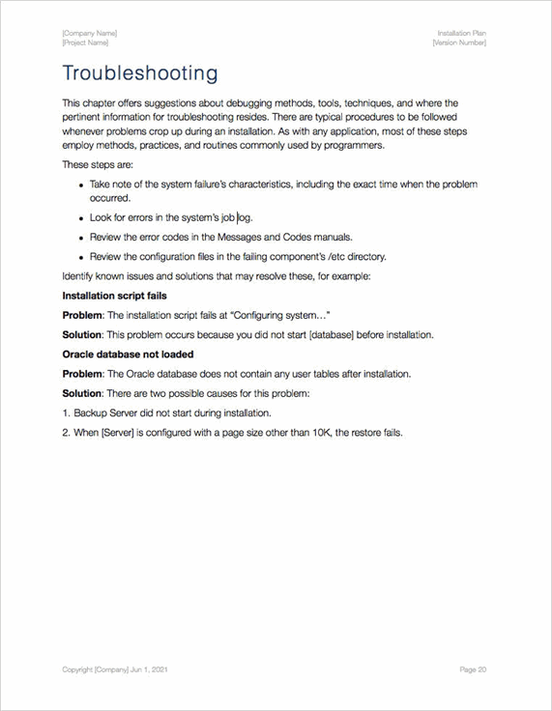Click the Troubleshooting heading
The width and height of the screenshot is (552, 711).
coord(139,73)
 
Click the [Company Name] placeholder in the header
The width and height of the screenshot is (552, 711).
coord(90,34)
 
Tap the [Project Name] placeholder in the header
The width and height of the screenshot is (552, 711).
coord(85,43)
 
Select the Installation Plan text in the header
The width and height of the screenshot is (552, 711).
coord(461,34)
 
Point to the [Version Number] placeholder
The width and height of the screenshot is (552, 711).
coord(459,43)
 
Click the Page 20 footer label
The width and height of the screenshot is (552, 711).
coord(473,668)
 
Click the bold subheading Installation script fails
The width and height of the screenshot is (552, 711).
coord(114,296)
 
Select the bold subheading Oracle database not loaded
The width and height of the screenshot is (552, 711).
coord(128,355)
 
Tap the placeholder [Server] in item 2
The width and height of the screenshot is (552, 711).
coord(117,432)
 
